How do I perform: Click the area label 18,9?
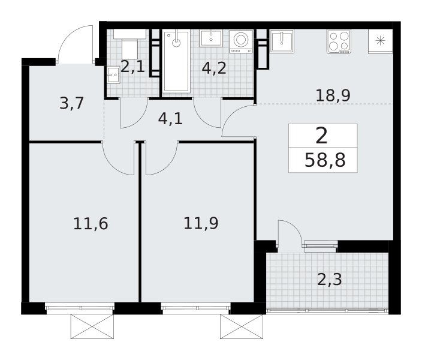(333, 95)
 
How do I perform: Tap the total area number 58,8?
(325, 160)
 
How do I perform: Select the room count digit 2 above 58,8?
(322, 136)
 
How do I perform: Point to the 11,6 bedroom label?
(91, 224)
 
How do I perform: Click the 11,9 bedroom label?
(201, 223)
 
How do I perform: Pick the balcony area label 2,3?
(330, 280)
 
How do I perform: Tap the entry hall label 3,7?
(71, 103)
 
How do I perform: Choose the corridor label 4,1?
(170, 119)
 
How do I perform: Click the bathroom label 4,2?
(214, 68)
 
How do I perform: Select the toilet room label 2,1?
(132, 67)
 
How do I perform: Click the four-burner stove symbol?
(339, 41)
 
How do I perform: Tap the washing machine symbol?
(241, 41)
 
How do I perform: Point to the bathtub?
(176, 61)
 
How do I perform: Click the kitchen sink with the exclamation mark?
(282, 41)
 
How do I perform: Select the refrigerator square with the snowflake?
(380, 41)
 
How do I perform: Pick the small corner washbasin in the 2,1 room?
(113, 75)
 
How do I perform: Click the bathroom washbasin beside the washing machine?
(211, 38)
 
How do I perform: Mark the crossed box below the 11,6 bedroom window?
(92, 326)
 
